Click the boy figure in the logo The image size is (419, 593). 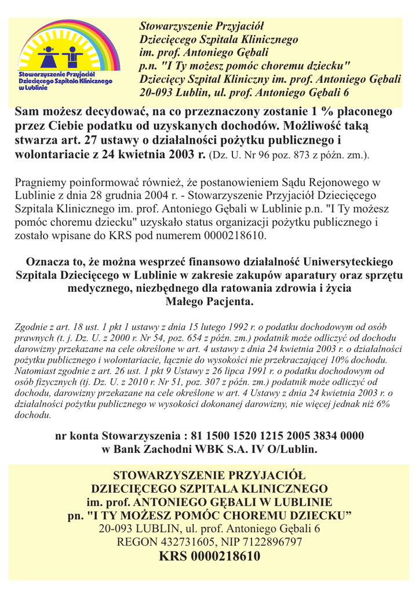(x=73, y=56)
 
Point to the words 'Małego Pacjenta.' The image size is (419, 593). (x=209, y=302)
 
